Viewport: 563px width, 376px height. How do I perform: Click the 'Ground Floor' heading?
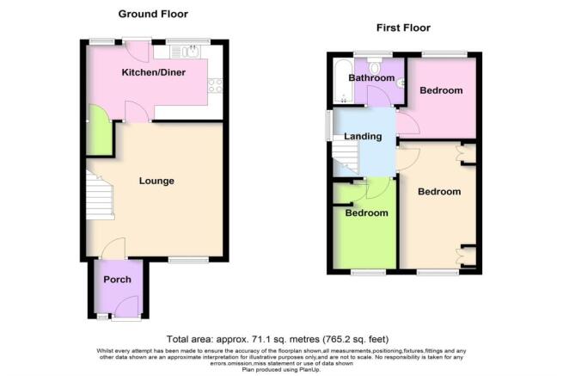coord(153,14)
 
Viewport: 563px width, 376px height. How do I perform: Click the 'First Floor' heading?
coord(403,28)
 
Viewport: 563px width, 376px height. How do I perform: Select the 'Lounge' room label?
coord(157,182)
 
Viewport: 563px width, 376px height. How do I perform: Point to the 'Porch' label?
coord(117,281)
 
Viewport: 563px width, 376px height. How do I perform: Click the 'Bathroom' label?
coord(370,78)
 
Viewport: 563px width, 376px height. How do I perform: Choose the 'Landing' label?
coord(363,137)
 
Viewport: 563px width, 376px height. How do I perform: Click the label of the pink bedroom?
coord(441,90)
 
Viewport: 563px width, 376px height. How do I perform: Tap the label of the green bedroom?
coord(366,213)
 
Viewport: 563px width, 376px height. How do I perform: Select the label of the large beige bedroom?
coord(439,192)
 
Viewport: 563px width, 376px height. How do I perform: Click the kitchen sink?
coord(187,52)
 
